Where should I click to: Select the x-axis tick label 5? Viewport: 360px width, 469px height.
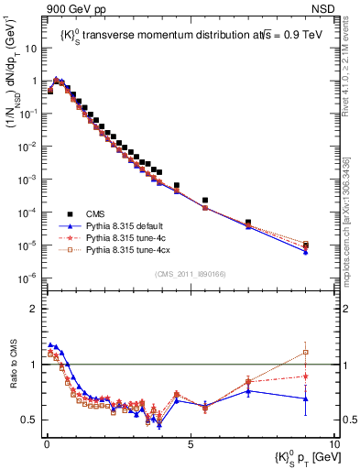point(189,442)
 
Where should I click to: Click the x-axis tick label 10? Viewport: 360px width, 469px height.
point(333,442)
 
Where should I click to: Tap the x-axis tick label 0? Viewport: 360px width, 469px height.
point(46,442)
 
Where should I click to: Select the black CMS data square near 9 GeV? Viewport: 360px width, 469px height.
point(305,245)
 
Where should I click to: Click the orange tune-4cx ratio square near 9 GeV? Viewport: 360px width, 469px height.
point(305,352)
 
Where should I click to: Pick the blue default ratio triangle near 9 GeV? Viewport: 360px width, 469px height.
point(305,398)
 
